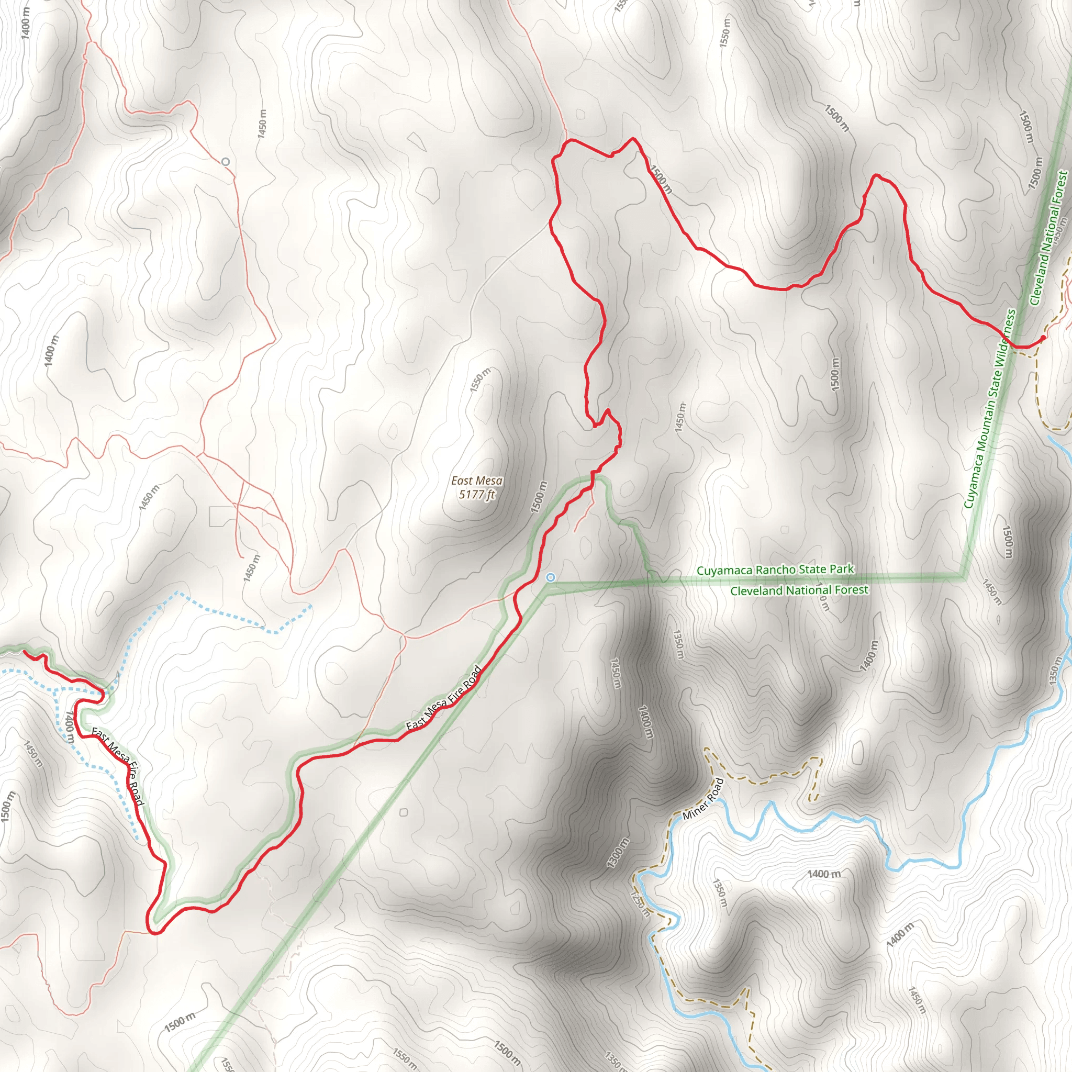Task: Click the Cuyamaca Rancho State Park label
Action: pos(775,570)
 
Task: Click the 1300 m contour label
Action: pos(618,853)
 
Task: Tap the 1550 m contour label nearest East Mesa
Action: pos(480,380)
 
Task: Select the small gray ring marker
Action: pos(225,162)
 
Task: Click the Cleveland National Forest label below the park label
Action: pos(799,590)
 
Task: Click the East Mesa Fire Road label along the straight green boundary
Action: pos(443,699)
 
